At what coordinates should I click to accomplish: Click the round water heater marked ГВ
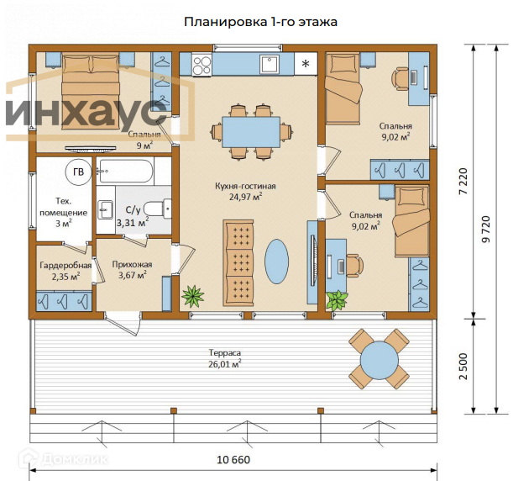click(x=79, y=172)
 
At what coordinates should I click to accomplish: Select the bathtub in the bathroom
click(x=126, y=171)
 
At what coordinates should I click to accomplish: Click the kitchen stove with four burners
click(x=202, y=66)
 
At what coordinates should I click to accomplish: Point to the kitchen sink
click(x=270, y=64)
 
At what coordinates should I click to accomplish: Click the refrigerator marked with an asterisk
click(x=306, y=63)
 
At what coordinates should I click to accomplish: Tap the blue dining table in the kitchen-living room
click(x=251, y=132)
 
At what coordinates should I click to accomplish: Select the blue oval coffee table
click(x=276, y=262)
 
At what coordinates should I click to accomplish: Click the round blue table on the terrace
click(x=380, y=360)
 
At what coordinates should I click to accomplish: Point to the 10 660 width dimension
click(x=233, y=460)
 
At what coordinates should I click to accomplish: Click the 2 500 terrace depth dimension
click(x=463, y=366)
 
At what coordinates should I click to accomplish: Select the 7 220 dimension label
click(x=463, y=182)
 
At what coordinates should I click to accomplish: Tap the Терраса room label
click(x=225, y=353)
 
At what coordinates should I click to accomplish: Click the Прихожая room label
click(x=132, y=264)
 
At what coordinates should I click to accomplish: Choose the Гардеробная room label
click(x=65, y=265)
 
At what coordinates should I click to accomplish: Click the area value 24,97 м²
click(x=245, y=197)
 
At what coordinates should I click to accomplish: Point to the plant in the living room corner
click(x=193, y=296)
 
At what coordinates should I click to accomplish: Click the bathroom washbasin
click(x=105, y=209)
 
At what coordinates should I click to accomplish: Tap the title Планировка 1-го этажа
click(x=260, y=22)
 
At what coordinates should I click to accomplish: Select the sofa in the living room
click(x=238, y=262)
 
